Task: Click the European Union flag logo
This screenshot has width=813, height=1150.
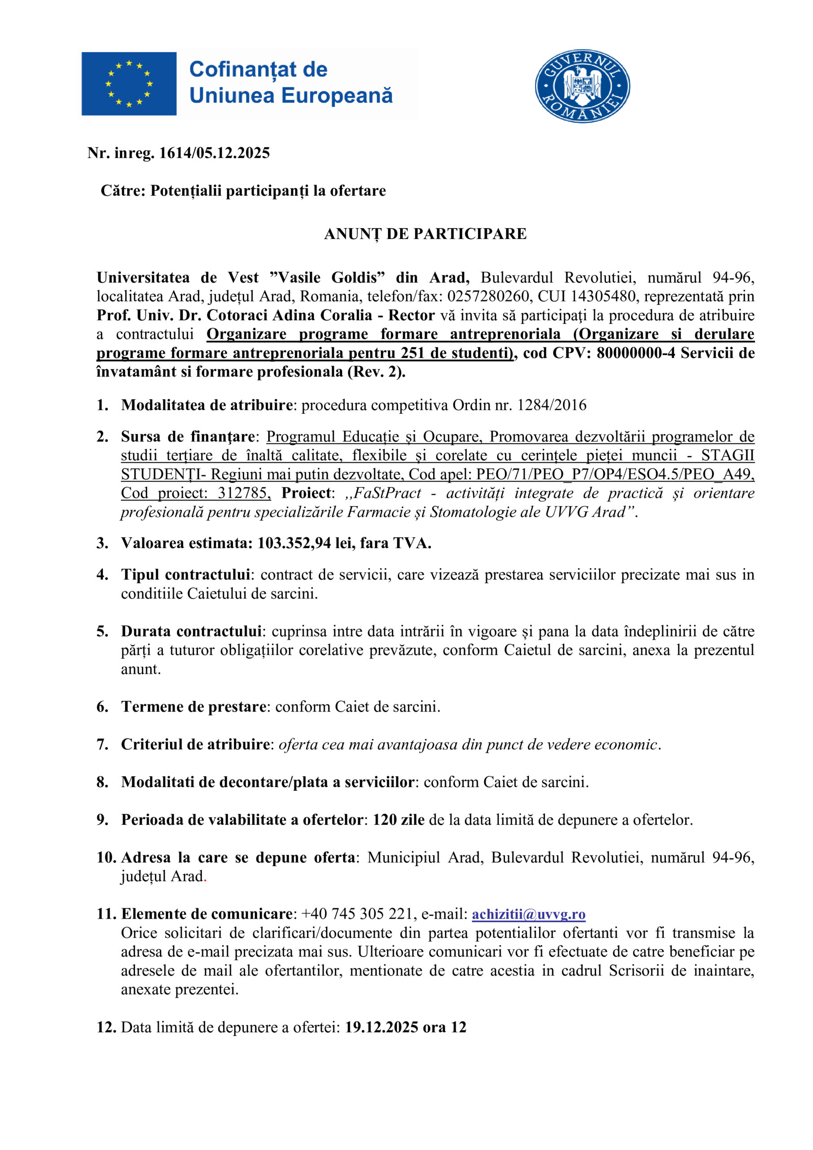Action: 129,84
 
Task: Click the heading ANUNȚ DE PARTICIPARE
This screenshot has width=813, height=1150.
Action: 425,234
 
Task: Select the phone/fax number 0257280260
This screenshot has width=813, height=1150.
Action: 488,296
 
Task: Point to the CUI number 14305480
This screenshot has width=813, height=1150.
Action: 603,296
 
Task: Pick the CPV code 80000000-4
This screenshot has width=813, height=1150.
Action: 636,353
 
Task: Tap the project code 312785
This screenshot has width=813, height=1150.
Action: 244,493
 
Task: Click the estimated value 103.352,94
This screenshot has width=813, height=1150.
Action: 294,543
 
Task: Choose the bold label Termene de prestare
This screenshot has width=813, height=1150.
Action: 193,707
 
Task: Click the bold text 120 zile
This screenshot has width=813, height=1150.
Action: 399,820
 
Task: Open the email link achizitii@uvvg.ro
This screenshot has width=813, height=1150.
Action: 529,914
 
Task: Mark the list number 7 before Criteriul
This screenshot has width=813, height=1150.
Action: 101,744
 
